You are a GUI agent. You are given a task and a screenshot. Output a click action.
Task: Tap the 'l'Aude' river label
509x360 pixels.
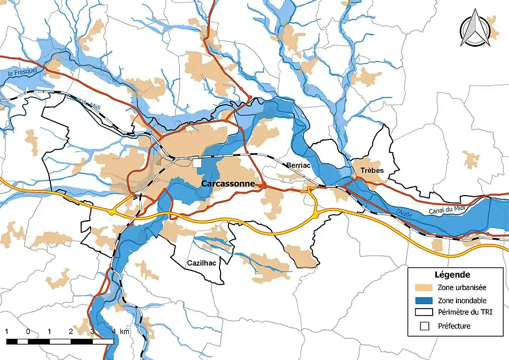[405, 212]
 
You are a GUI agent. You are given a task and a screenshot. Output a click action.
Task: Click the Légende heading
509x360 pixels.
[452, 275]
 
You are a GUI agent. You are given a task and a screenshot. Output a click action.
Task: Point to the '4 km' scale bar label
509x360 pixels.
[120, 331]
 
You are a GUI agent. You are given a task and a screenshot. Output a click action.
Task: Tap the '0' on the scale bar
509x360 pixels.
[28, 331]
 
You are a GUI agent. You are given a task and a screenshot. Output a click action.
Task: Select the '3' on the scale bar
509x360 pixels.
[92, 331]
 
